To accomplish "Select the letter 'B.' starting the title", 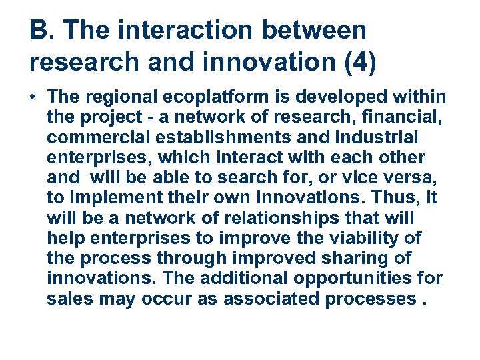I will click(x=41, y=30).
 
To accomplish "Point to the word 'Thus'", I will click(x=383, y=198).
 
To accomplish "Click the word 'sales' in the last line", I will click(x=70, y=298).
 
